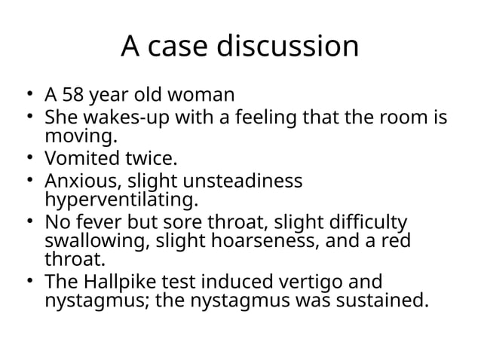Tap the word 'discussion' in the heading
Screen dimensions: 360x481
click(289, 47)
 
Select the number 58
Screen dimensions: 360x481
click(75, 97)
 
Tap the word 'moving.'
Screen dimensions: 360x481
click(81, 137)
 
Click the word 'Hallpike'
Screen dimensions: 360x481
click(113, 282)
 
